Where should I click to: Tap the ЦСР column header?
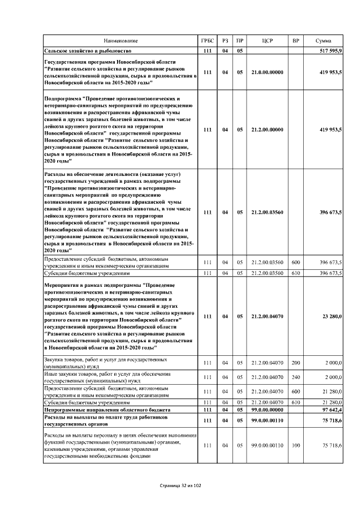[x=268, y=41]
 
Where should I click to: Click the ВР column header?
[x=295, y=41]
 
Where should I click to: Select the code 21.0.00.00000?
[x=268, y=72]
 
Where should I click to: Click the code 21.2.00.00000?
[x=268, y=130]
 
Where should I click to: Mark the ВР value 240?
[x=295, y=377]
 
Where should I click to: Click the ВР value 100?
[x=295, y=446]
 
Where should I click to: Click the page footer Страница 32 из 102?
[x=180, y=485]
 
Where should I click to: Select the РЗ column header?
[x=225, y=41]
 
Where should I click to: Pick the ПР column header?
[x=240, y=41]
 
